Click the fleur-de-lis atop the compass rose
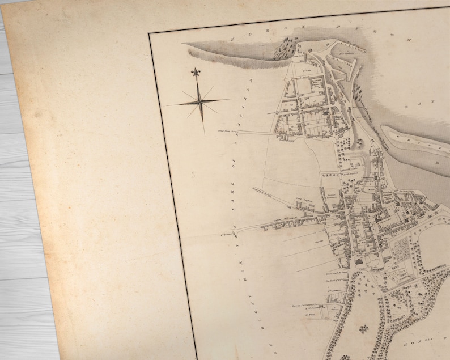coord(196,74)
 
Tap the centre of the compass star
coord(199,102)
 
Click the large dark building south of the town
coord(359,262)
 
